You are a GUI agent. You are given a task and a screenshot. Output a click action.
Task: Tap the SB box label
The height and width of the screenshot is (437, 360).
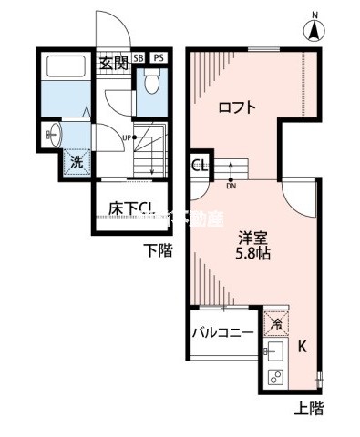(x=139, y=57)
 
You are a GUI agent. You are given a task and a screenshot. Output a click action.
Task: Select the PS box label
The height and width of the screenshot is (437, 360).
(x=158, y=57)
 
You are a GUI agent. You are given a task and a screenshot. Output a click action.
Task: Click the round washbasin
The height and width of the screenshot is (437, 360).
(x=54, y=138)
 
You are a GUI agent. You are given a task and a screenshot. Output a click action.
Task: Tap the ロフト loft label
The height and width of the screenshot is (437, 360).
(x=236, y=107)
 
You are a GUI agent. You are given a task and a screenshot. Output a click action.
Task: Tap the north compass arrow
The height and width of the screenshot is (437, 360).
(x=313, y=30)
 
